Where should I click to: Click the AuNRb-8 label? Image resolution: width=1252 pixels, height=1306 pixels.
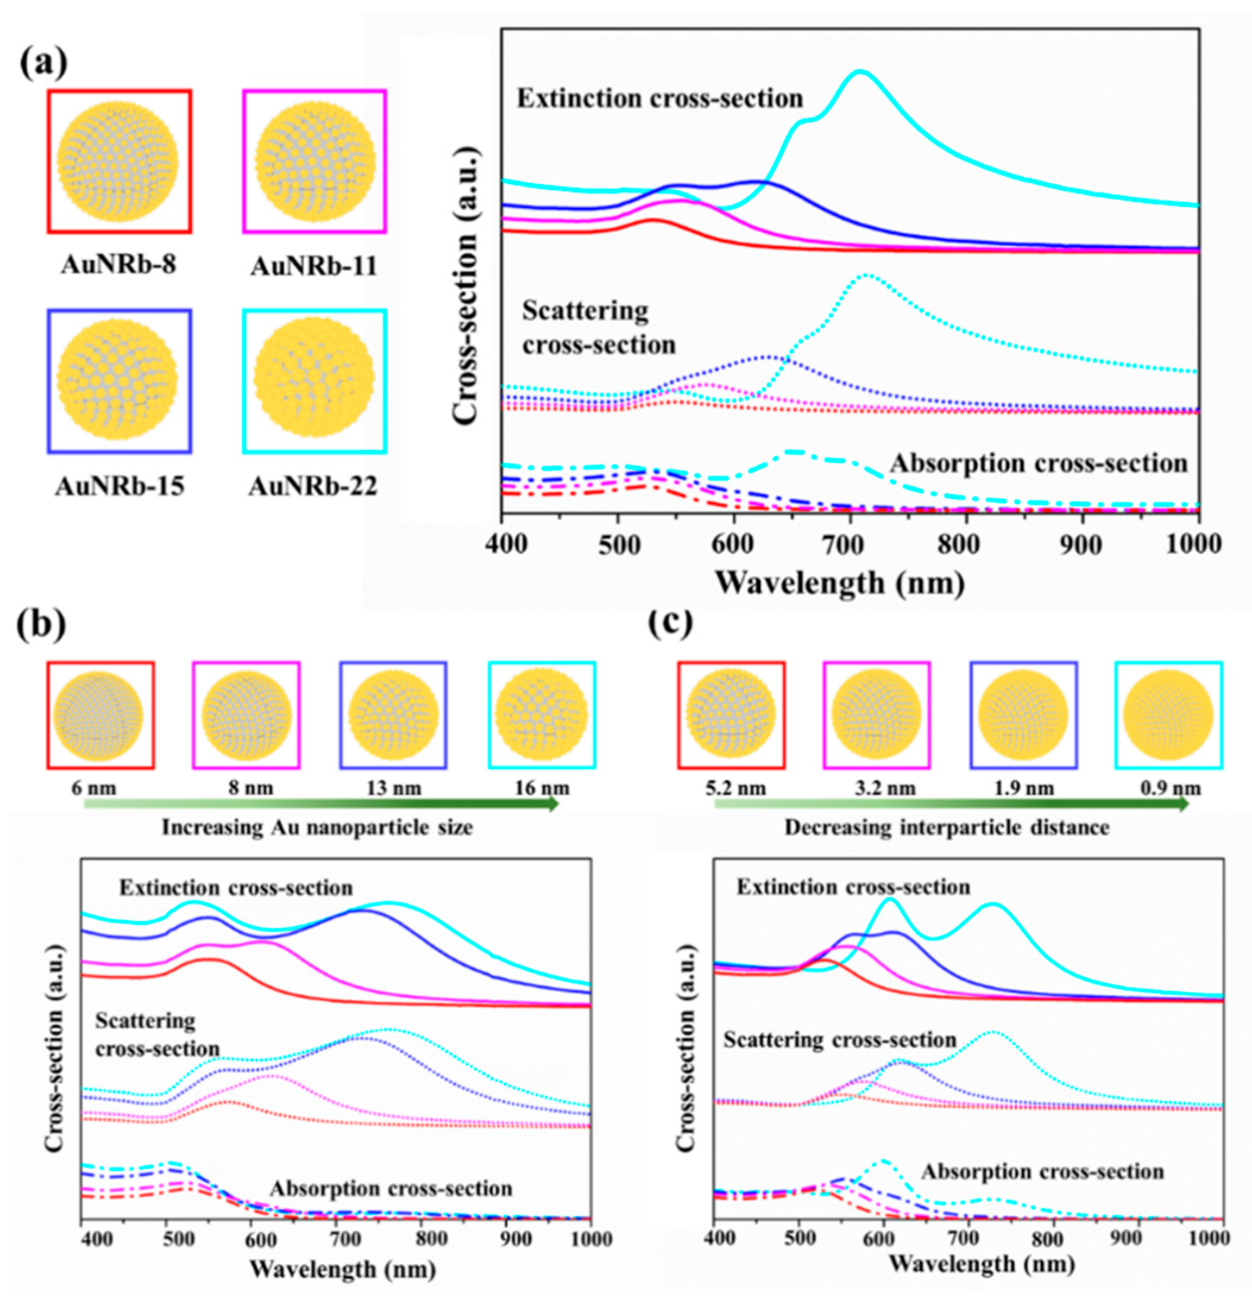(x=119, y=265)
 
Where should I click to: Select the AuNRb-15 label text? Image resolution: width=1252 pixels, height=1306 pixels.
(x=119, y=486)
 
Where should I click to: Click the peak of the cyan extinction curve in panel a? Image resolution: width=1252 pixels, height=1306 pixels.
(x=860, y=71)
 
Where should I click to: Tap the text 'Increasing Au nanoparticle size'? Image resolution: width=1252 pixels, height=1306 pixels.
(x=317, y=827)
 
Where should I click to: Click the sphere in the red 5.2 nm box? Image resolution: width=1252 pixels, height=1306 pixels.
(x=731, y=715)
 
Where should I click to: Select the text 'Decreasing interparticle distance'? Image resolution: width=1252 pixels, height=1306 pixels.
(x=947, y=827)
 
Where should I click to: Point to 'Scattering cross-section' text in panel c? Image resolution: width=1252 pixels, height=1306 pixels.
(x=840, y=1039)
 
